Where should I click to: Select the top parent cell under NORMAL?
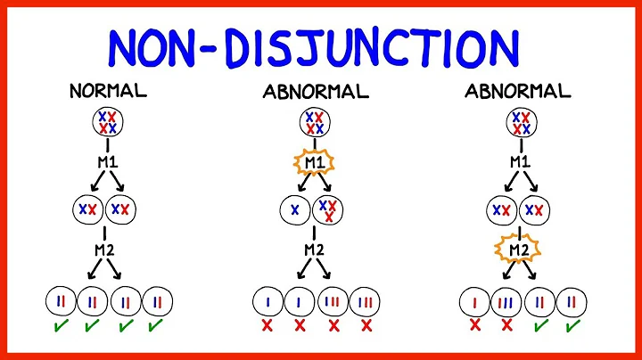[x=108, y=124]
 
